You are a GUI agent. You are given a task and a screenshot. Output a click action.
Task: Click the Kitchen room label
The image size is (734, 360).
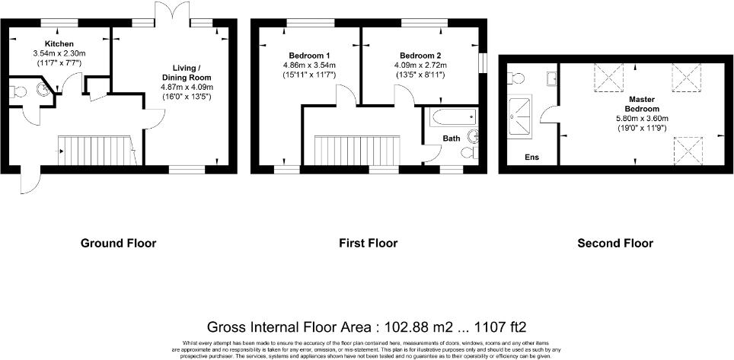coord(58,44)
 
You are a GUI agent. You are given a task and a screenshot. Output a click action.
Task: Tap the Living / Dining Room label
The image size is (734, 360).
coord(186,73)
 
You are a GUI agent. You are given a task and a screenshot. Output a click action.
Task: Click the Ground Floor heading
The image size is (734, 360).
coord(118,244)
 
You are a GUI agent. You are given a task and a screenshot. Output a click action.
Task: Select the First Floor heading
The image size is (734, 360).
coord(368,244)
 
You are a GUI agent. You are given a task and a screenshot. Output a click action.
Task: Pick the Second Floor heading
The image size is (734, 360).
coord(614,244)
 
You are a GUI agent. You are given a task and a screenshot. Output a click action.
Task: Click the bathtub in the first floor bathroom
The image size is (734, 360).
coord(453,118)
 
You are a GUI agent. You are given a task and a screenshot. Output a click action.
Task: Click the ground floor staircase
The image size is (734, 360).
coord(95,150)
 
